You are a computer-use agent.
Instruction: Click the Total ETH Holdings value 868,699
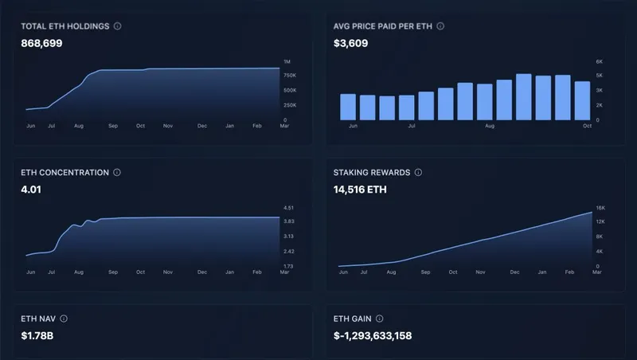coord(41,43)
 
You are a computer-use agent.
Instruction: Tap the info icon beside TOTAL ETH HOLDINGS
coord(117,26)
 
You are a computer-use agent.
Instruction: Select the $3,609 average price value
coord(351,43)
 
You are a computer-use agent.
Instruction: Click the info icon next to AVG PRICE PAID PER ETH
coord(440,26)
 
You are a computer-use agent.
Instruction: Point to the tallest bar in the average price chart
coord(523,96)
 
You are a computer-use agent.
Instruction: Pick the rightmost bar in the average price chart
coord(582,100)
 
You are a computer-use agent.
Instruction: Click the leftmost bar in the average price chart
coord(348,107)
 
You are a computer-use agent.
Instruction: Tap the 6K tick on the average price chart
coord(600,61)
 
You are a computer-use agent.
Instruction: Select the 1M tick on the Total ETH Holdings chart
coord(287,61)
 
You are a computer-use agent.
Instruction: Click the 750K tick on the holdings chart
coord(290,76)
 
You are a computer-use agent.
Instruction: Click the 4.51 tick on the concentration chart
coord(288,208)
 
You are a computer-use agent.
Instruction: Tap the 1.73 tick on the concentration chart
coord(288,266)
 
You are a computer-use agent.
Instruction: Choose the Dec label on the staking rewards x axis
coord(514,272)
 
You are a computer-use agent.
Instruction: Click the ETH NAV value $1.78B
coord(37,335)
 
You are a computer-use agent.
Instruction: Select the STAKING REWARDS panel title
coord(371,172)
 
